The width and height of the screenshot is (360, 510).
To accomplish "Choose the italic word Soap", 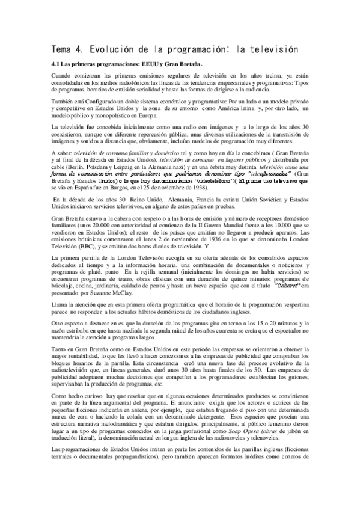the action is pyautogui.click(x=231, y=446).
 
